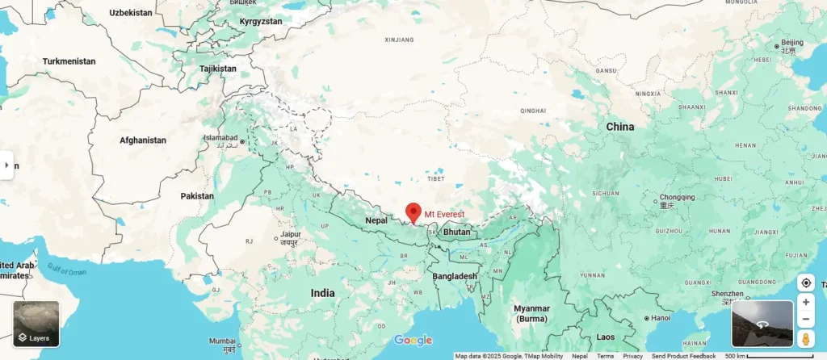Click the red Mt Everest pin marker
[x=413, y=211]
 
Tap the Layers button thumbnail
[x=36, y=324]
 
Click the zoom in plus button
[x=805, y=302]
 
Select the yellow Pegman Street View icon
[x=805, y=339]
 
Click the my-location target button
[x=805, y=283]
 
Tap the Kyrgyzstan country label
[x=261, y=21]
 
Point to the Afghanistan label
[x=143, y=140]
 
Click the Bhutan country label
[x=457, y=232]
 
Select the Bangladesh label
[x=453, y=276]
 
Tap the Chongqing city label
[x=677, y=197]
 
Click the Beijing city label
[x=792, y=42]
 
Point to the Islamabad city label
[x=219, y=138]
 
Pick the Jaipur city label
[x=290, y=235]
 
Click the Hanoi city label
[x=660, y=318]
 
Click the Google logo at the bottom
[x=413, y=340]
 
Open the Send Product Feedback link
[x=683, y=356]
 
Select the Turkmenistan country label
[x=69, y=61]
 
